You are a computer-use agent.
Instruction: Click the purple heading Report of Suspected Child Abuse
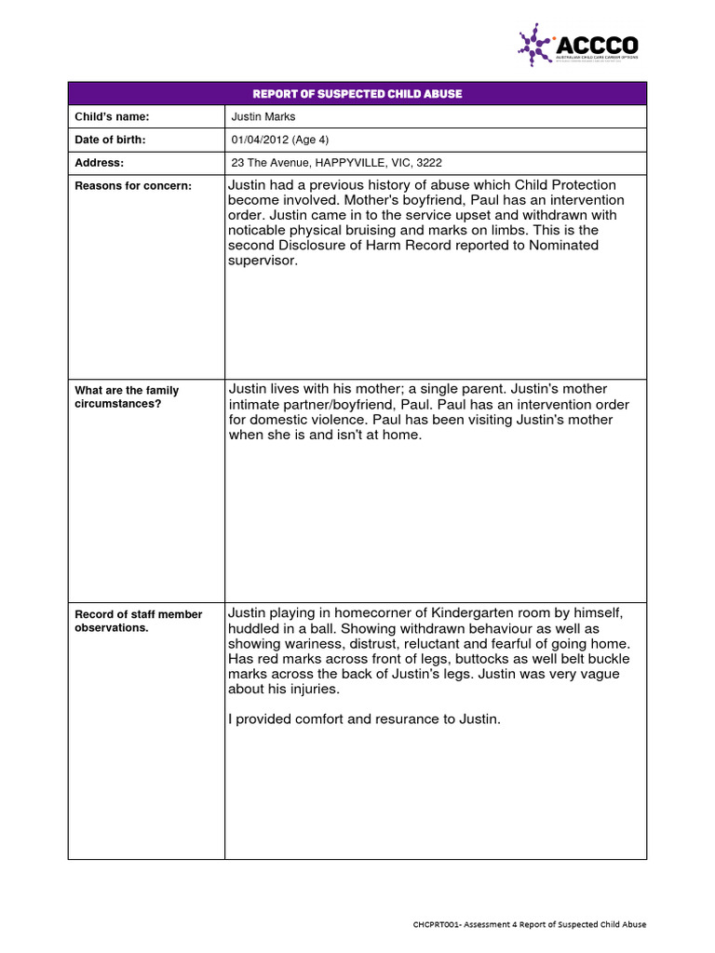click(x=357, y=94)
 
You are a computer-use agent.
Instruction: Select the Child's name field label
click(x=112, y=116)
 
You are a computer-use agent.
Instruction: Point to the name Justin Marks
click(x=263, y=116)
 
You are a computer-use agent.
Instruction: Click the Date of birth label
click(x=110, y=140)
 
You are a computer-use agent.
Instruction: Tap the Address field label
click(x=99, y=162)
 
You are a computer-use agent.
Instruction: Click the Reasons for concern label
click(x=132, y=186)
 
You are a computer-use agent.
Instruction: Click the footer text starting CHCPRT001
click(x=530, y=924)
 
